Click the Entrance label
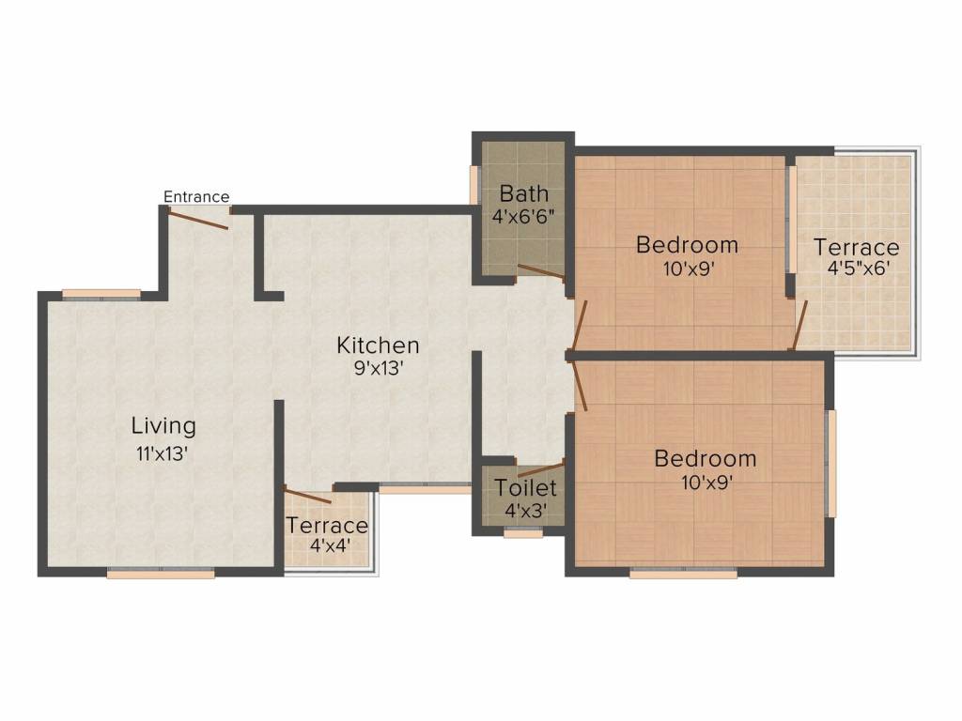click(x=196, y=197)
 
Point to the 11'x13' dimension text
click(x=162, y=453)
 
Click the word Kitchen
click(x=378, y=345)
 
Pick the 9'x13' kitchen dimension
click(x=378, y=368)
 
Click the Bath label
click(x=524, y=193)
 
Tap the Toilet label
click(x=526, y=488)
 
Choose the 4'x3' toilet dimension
click(x=526, y=510)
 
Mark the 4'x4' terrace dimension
click(x=330, y=545)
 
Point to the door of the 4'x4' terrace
click(x=307, y=496)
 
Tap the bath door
click(x=542, y=272)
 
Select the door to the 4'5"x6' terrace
click(x=800, y=326)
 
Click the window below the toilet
click(x=522, y=534)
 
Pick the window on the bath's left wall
click(x=473, y=185)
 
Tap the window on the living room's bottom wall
click(x=161, y=575)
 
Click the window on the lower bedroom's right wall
click(x=832, y=464)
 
